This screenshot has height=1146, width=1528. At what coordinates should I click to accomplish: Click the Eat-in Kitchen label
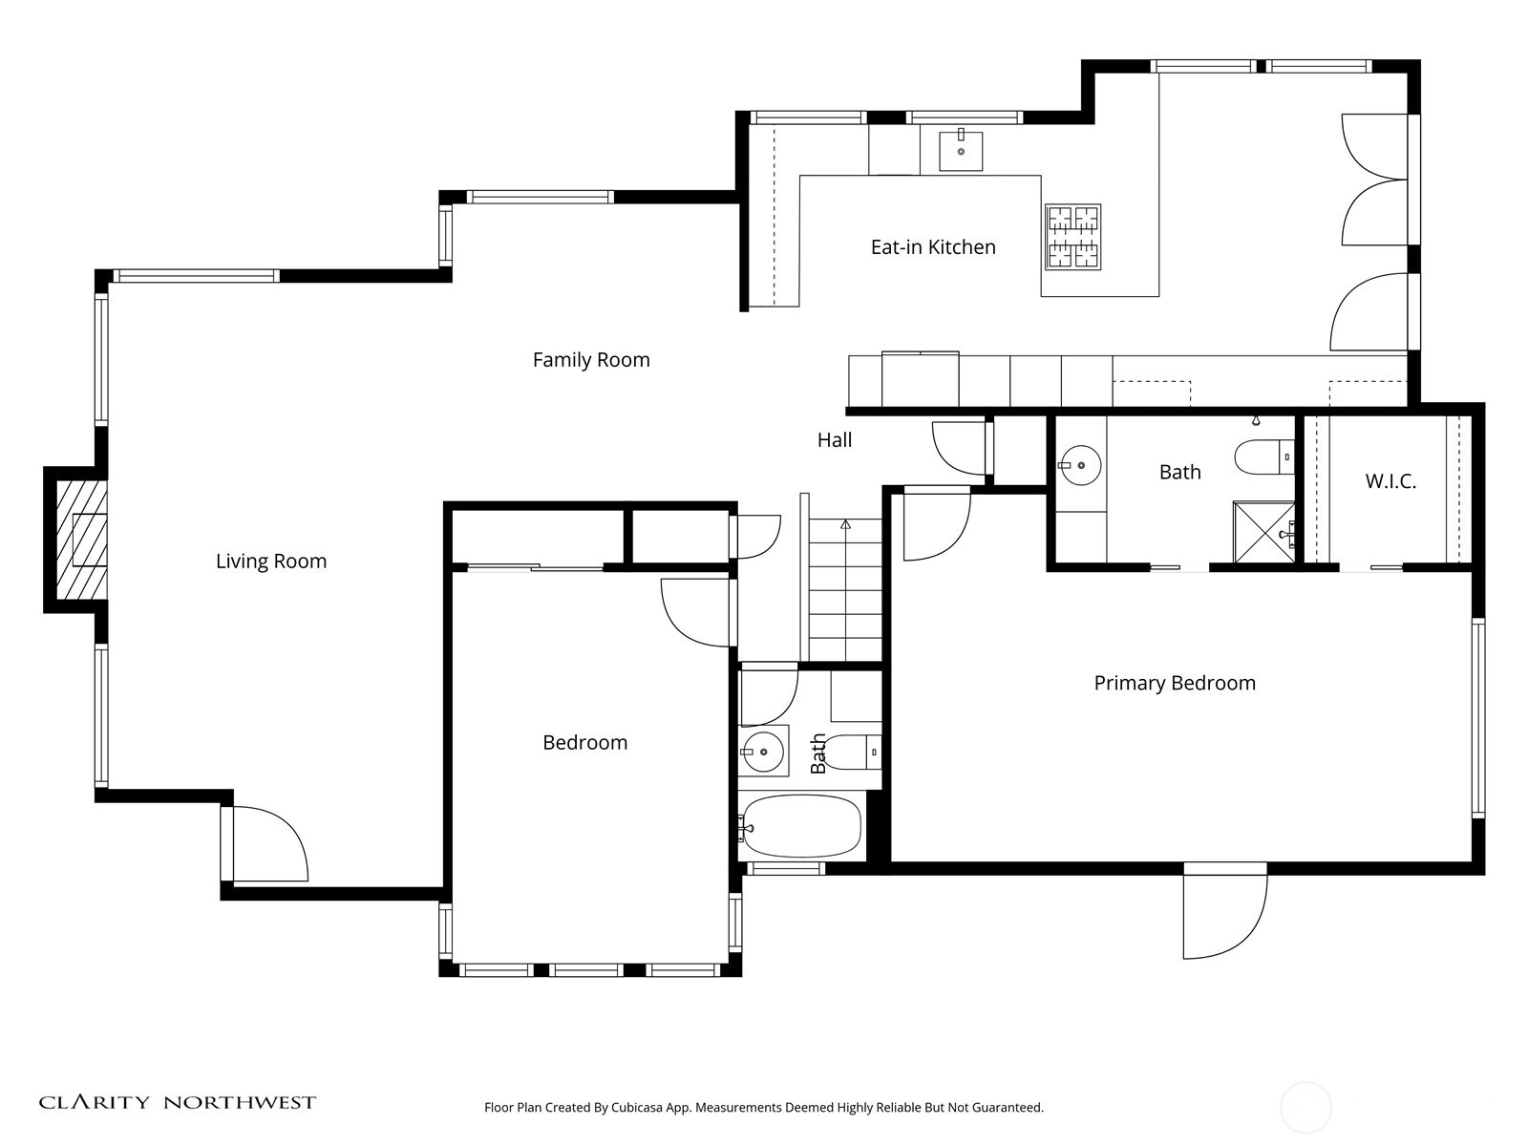(x=933, y=247)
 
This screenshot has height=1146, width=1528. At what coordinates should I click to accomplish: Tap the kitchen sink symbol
(x=961, y=150)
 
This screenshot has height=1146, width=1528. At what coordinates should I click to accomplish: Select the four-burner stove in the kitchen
(x=1072, y=236)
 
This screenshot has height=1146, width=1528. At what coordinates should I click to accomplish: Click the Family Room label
(x=591, y=360)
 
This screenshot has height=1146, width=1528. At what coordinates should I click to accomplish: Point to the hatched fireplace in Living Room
(x=80, y=540)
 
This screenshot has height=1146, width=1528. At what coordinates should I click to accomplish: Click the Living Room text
(x=271, y=562)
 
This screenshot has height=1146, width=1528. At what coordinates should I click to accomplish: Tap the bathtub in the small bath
(x=802, y=826)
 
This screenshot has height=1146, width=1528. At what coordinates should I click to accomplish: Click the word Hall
(x=835, y=440)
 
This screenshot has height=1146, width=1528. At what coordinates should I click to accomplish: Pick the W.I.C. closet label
(x=1390, y=481)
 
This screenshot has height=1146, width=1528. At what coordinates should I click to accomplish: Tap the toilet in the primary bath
(x=1263, y=457)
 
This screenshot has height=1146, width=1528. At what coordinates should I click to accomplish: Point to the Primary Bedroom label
(x=1175, y=684)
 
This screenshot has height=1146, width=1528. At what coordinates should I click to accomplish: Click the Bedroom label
(x=584, y=743)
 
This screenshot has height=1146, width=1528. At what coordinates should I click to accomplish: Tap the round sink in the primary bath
(x=1080, y=466)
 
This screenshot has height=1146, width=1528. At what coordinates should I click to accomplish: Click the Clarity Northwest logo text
(x=178, y=1103)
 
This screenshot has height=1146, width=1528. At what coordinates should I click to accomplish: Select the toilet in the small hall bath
(x=850, y=753)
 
